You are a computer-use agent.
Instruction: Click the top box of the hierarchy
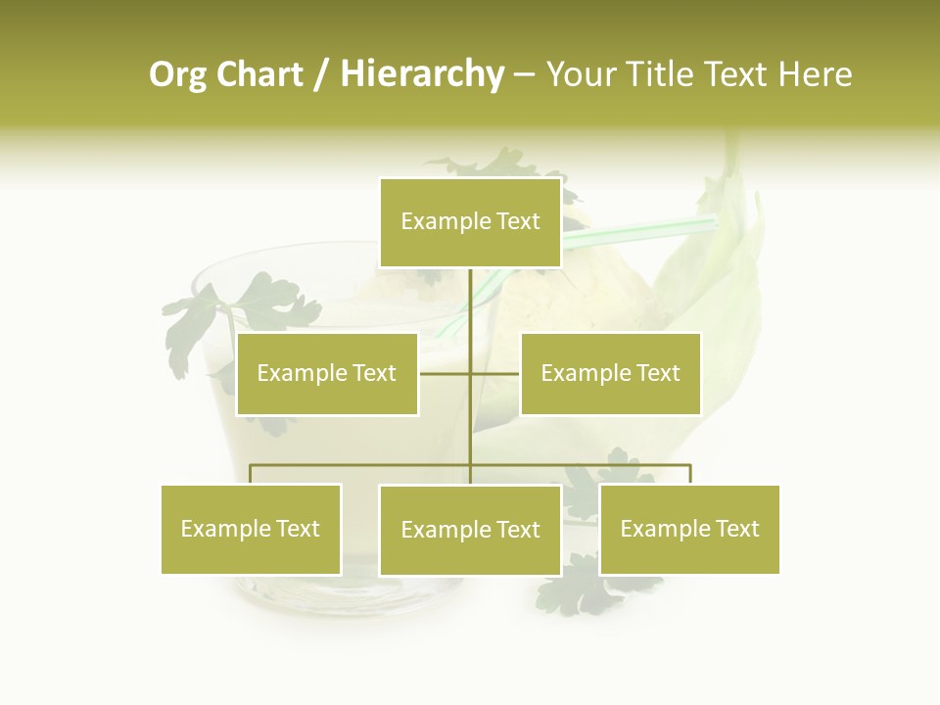coord(470,222)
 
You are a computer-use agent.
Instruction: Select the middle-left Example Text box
coord(327,373)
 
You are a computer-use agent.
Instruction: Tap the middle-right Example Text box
coord(610,373)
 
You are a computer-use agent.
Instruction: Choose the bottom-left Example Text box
coord(251,529)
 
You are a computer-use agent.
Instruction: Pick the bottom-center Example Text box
coord(470,530)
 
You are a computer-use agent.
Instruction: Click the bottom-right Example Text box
coord(689,529)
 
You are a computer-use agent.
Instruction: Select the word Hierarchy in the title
coord(422,74)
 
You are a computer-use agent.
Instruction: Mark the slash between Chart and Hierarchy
coord(322,74)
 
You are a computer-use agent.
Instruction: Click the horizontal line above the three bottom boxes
coord(362,465)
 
